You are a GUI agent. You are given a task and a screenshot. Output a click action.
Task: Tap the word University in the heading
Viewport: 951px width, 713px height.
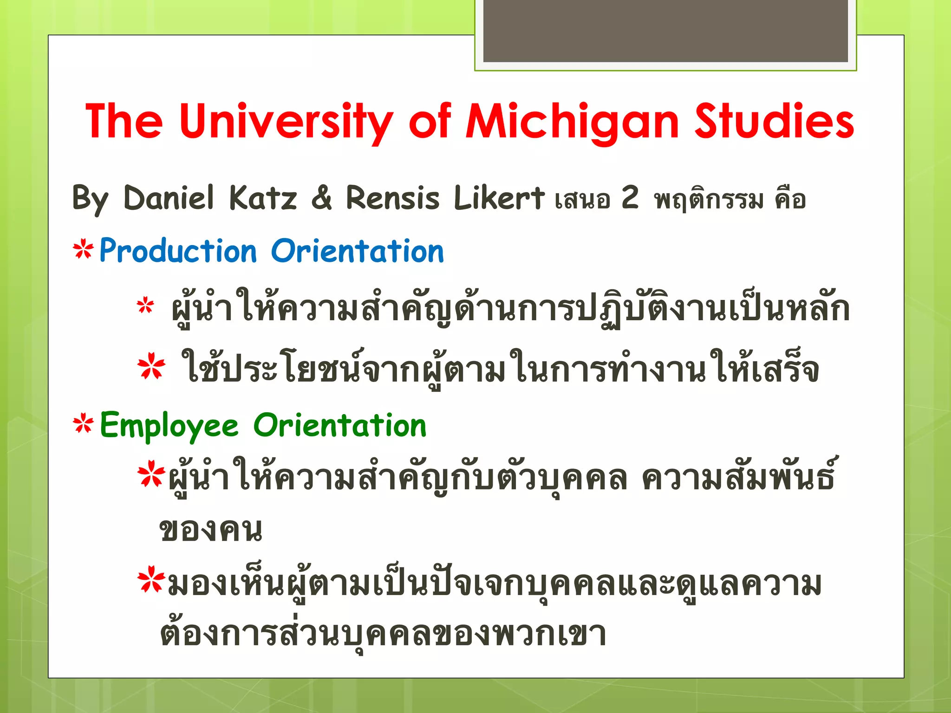286,122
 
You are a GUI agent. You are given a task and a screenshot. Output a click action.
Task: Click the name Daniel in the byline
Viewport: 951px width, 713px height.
169,198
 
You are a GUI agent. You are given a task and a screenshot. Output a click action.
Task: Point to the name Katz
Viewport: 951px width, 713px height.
263,198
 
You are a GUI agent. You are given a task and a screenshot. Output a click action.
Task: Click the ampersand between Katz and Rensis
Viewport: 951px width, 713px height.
321,198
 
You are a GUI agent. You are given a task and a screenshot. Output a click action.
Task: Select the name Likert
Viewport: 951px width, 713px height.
499,198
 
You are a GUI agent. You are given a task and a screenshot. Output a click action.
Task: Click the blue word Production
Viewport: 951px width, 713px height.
178,252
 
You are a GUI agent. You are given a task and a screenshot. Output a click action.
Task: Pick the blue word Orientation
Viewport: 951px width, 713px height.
357,252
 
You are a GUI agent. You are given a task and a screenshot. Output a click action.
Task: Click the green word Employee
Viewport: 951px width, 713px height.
169,426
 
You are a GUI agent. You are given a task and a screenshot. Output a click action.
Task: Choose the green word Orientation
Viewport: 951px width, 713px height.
340,425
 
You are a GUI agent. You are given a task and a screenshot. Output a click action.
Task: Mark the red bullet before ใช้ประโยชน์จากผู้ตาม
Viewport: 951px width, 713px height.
151,368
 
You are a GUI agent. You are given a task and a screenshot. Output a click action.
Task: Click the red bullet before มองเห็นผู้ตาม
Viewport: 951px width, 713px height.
151,580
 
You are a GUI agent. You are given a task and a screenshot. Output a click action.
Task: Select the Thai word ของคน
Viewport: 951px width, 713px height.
211,530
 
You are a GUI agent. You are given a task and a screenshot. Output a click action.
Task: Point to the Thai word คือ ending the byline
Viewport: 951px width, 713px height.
790,200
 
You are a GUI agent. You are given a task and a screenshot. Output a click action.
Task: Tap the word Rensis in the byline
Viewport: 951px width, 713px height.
392,198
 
